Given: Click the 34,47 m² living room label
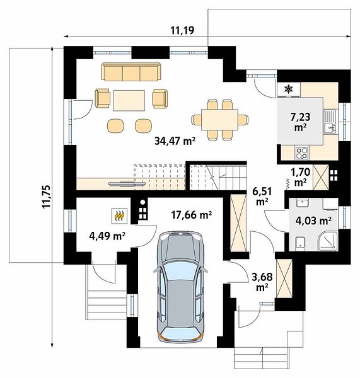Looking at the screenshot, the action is [x=175, y=141].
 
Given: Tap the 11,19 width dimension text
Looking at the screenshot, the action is [x=182, y=31].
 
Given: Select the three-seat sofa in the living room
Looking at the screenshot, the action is [x=131, y=72].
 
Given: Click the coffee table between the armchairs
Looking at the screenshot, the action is [x=129, y=100].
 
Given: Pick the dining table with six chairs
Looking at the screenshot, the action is [x=220, y=120].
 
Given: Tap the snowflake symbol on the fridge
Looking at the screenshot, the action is [x=288, y=89].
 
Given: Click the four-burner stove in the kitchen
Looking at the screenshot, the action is [x=301, y=153].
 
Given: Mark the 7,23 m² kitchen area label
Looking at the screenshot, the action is [x=300, y=122].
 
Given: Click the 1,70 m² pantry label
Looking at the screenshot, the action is [x=300, y=177].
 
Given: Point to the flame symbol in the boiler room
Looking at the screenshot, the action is [x=119, y=215].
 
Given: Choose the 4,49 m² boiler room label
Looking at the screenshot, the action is [x=107, y=236].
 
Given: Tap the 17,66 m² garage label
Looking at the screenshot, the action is [x=191, y=215].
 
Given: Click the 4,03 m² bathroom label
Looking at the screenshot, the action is [x=313, y=220].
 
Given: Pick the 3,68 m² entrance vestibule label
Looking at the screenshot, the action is [x=262, y=282].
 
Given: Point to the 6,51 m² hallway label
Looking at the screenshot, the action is [x=262, y=197].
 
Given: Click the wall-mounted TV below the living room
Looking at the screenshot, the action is [x=127, y=184].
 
